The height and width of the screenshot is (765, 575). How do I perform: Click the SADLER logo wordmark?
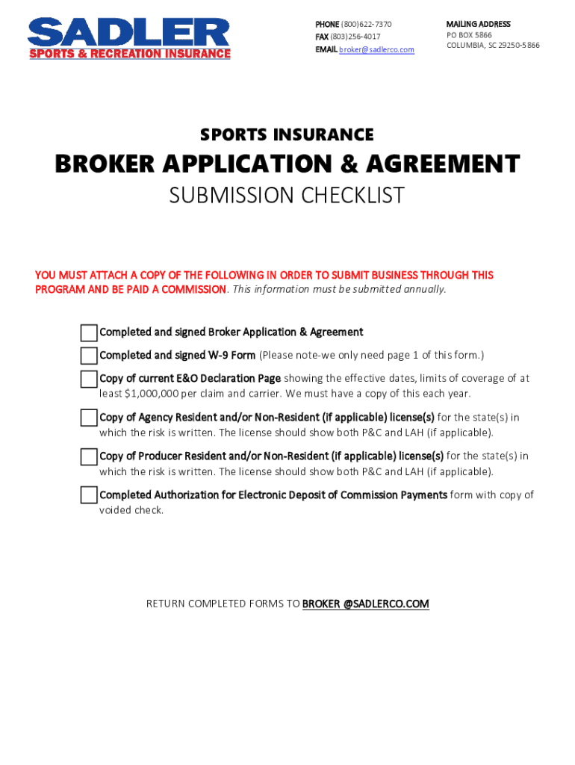tap(128, 32)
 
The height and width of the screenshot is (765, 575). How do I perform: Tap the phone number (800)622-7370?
tap(366, 25)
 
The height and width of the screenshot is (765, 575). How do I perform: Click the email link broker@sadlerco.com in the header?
tap(376, 49)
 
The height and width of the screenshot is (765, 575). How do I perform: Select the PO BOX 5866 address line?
tap(469, 35)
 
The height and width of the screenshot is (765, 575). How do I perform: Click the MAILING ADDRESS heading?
tap(478, 24)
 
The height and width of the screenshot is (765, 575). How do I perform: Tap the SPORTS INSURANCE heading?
tap(287, 135)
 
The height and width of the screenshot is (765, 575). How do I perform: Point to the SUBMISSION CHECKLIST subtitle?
tap(287, 196)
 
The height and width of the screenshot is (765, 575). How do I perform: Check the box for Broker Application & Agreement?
tap(89, 332)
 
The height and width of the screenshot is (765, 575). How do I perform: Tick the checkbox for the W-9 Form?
tap(89, 356)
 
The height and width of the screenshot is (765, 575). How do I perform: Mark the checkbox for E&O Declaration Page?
tap(89, 379)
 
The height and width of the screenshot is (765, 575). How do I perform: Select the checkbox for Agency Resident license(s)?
tap(89, 418)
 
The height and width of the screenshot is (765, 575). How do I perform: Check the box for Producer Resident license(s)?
tap(89, 456)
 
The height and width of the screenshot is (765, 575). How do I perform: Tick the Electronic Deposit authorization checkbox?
tap(89, 495)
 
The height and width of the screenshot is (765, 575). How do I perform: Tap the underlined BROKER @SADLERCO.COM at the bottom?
tap(365, 604)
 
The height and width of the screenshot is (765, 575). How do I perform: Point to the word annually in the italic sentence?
tap(423, 289)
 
